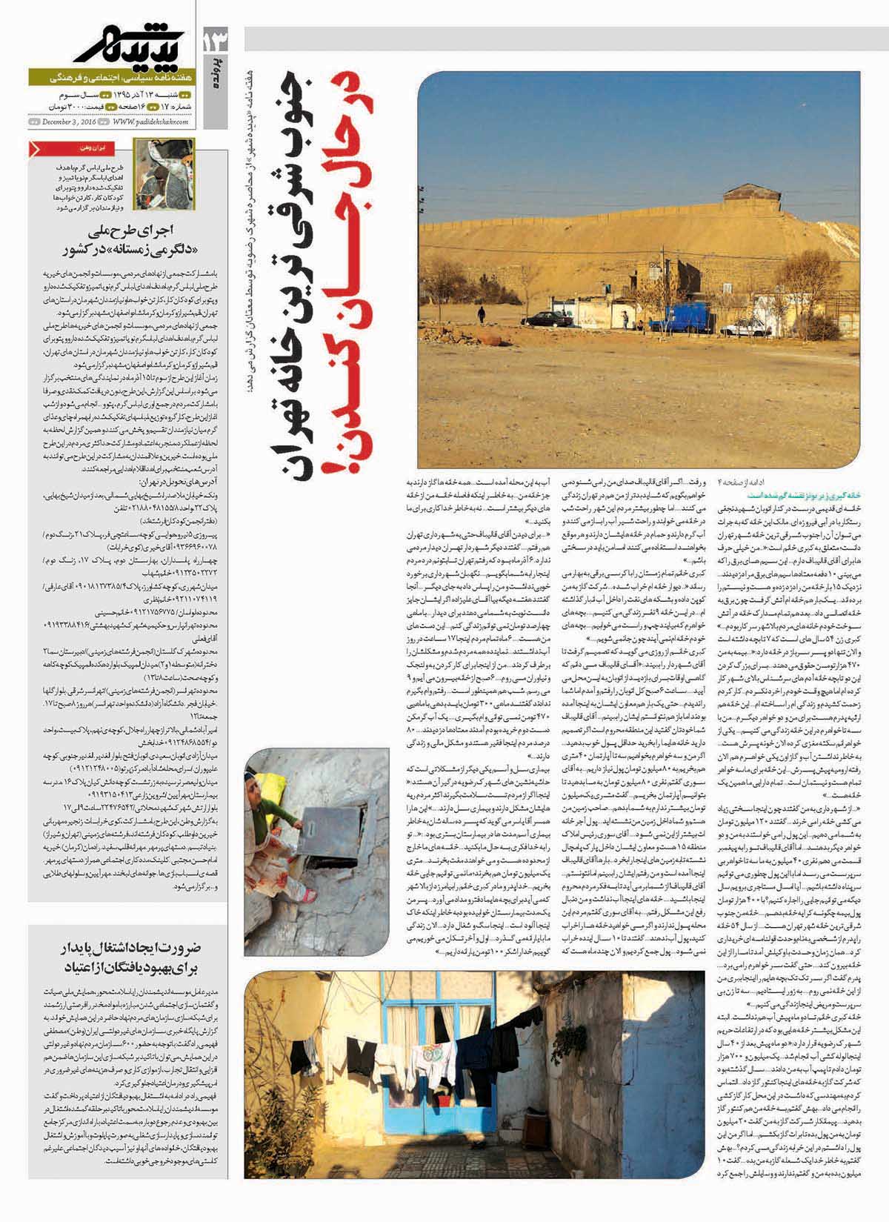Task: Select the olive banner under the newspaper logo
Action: tap(111, 78)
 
